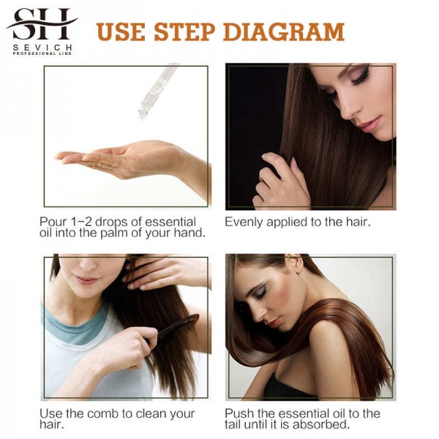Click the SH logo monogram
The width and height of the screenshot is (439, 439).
point(42,24)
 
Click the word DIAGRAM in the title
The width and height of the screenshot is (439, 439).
point(284,32)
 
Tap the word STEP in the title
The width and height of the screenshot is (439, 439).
point(184,32)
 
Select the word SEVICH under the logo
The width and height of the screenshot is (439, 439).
point(42,48)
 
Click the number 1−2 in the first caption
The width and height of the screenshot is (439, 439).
point(80,222)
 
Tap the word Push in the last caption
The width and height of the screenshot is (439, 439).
point(239,414)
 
